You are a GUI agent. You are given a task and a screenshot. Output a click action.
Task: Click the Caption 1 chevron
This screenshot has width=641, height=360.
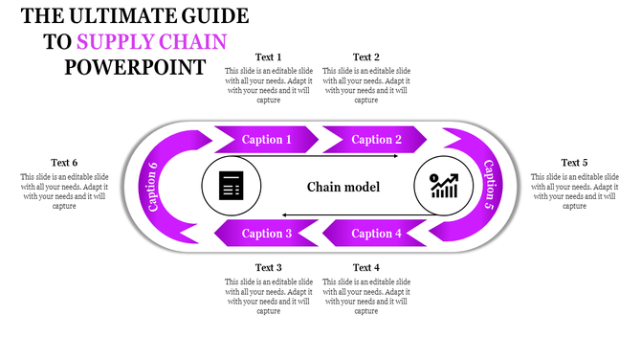point(267,140)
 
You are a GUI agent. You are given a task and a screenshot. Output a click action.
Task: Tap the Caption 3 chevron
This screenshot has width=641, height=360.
point(267,233)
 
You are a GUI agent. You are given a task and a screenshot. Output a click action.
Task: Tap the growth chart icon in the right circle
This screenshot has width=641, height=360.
point(443,185)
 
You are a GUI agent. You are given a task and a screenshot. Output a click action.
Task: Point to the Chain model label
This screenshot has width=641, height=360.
point(343,187)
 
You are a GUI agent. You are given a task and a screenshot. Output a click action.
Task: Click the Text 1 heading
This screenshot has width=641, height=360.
point(269,56)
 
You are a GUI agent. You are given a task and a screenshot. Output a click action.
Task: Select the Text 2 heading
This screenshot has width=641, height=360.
point(366,56)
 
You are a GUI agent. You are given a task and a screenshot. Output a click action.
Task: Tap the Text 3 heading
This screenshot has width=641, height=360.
point(269,267)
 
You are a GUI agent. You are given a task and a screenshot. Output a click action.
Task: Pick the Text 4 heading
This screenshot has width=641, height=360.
point(366,267)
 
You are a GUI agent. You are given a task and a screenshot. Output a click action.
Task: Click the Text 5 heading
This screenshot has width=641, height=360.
point(574,163)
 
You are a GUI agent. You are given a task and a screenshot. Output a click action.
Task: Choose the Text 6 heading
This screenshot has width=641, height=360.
point(64,163)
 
